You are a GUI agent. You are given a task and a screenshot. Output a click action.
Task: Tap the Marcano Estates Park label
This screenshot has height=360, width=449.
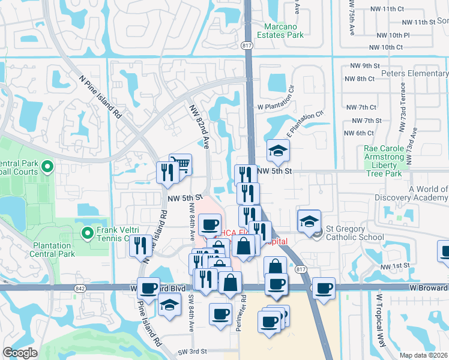tap(285, 31)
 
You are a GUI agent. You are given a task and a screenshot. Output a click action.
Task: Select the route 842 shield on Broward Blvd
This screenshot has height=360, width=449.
tap(80, 289)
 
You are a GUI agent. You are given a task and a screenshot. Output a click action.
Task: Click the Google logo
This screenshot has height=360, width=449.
tap(20, 352)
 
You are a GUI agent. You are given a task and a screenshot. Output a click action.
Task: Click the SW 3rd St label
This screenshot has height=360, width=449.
tap(192, 351)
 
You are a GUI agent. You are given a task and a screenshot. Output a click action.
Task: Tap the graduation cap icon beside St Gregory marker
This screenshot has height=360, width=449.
tap(309, 220)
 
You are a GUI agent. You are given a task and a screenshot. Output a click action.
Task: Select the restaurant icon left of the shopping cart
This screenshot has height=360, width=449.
tap(166, 172)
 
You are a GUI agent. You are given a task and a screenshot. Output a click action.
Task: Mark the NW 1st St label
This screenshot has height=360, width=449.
tap(397, 265)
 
